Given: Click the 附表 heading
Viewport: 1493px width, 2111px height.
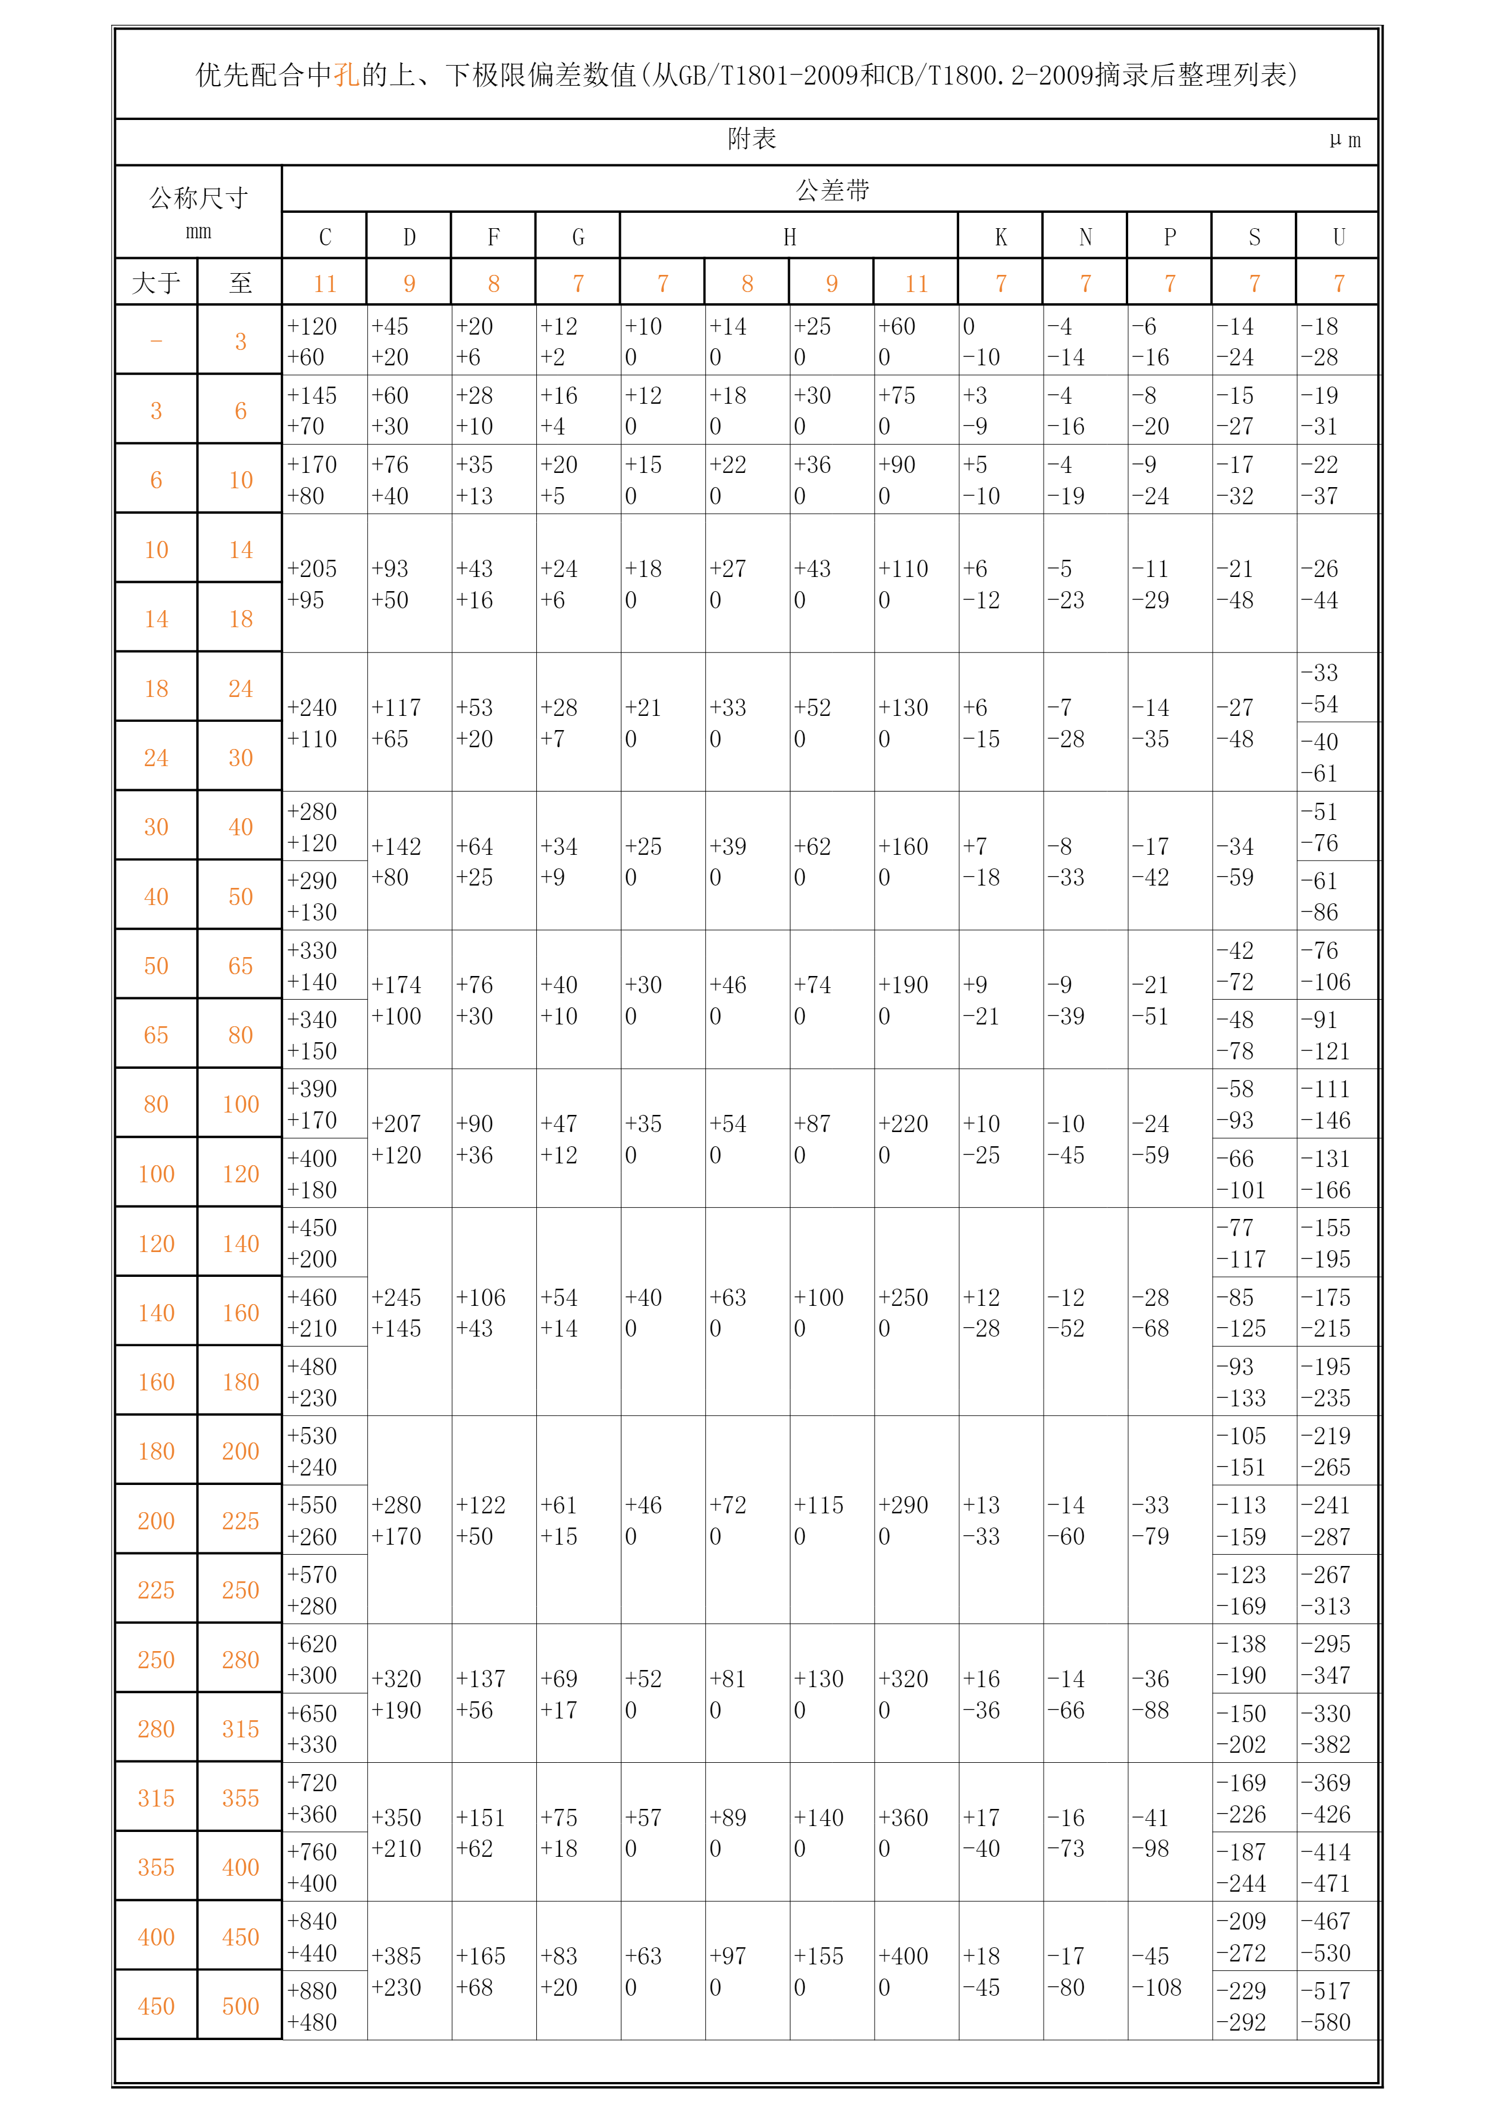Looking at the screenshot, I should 752,139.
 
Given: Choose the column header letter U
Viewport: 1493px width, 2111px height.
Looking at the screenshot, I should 1339,237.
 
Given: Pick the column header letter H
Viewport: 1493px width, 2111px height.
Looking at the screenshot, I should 789,237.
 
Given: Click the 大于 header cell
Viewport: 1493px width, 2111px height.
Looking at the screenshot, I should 156,283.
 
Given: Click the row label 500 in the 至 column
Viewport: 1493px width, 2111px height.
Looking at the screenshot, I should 240,2006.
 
